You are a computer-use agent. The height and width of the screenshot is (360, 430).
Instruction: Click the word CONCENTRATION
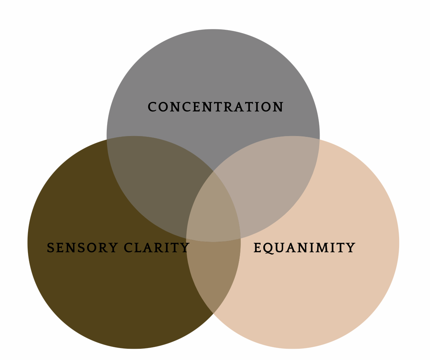point(215,107)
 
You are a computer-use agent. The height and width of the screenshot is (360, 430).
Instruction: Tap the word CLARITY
point(157,248)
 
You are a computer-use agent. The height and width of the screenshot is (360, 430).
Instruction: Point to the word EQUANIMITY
point(304,248)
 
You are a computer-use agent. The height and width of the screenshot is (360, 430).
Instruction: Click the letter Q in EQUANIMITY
point(268,248)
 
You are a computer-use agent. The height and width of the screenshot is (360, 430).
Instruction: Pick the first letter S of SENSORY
point(50,248)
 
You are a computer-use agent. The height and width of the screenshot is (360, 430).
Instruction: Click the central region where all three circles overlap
point(214,210)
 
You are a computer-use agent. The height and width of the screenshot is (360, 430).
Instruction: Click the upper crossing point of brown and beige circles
point(213,171)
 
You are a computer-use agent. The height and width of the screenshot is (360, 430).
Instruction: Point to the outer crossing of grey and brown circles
point(107,139)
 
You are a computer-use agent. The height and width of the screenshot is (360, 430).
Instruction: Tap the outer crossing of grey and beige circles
point(320,139)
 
